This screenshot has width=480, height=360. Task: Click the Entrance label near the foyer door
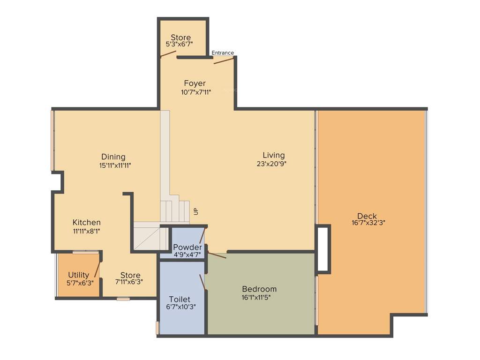[223, 53]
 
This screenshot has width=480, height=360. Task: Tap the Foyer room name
[195, 83]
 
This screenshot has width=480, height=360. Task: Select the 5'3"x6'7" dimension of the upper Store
[180, 44]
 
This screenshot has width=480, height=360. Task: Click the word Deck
[367, 216]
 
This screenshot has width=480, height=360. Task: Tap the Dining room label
[113, 157]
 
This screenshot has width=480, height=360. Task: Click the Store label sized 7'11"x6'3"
[130, 275]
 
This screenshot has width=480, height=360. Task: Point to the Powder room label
[187, 247]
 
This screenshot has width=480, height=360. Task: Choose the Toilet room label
[179, 299]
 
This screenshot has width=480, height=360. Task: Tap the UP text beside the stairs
[196, 211]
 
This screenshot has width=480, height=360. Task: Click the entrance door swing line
[224, 60]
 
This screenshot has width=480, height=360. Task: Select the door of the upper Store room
[168, 53]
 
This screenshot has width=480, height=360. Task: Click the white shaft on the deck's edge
[323, 249]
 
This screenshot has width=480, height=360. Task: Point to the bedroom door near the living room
[217, 255]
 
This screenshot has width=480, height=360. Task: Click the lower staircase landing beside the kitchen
[148, 236]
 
